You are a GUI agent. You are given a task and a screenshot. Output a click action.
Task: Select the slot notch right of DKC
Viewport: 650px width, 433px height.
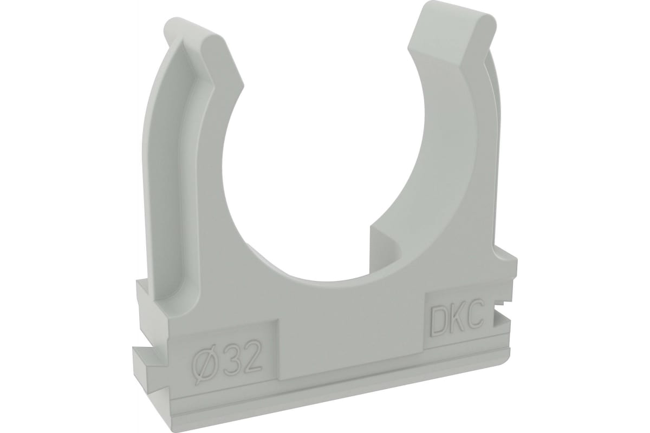(x=499, y=305)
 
